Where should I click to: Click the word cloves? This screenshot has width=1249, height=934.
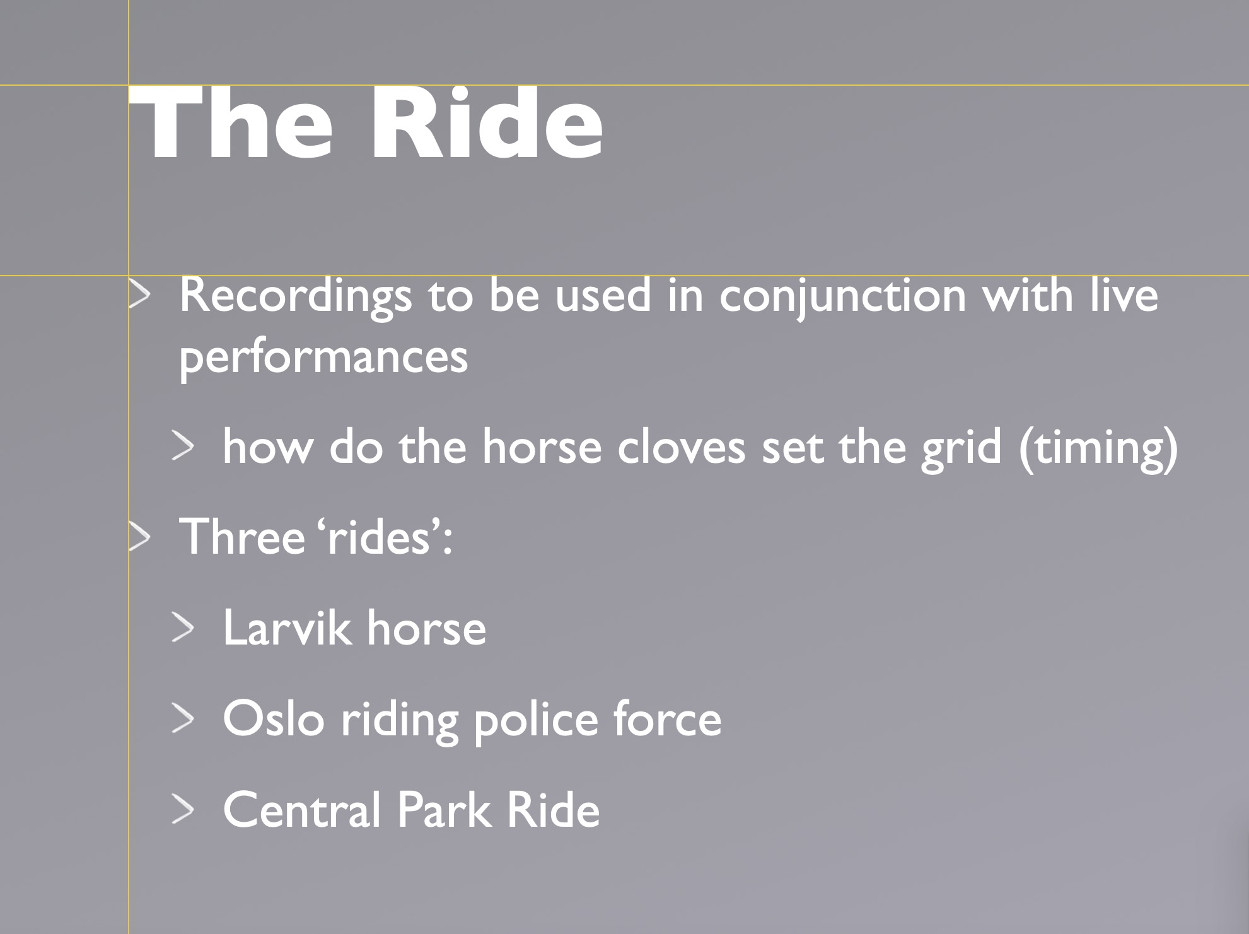[681, 447]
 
